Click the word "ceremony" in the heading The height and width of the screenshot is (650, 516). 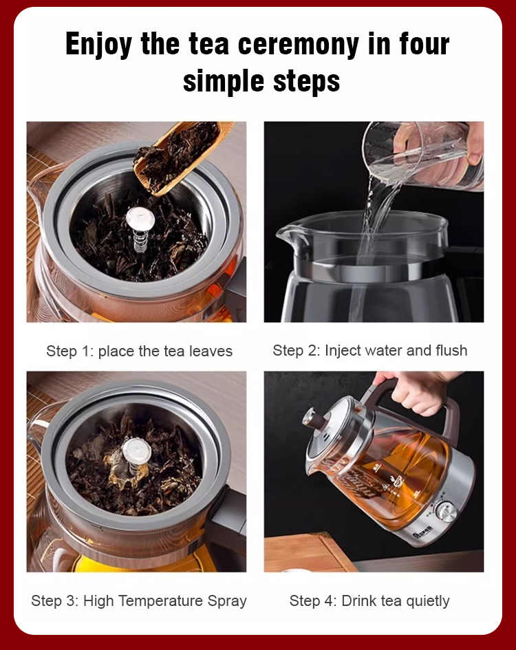[298, 44]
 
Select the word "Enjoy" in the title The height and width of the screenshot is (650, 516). [99, 44]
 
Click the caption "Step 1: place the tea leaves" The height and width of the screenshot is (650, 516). [140, 351]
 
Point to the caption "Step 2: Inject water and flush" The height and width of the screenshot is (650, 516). [370, 350]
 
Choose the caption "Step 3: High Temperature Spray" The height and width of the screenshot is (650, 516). [139, 600]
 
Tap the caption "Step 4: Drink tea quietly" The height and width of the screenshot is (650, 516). [369, 600]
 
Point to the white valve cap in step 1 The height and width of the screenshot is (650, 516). [140, 218]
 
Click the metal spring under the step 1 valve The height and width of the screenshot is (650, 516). [140, 241]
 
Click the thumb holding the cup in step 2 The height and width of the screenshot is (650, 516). [475, 156]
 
